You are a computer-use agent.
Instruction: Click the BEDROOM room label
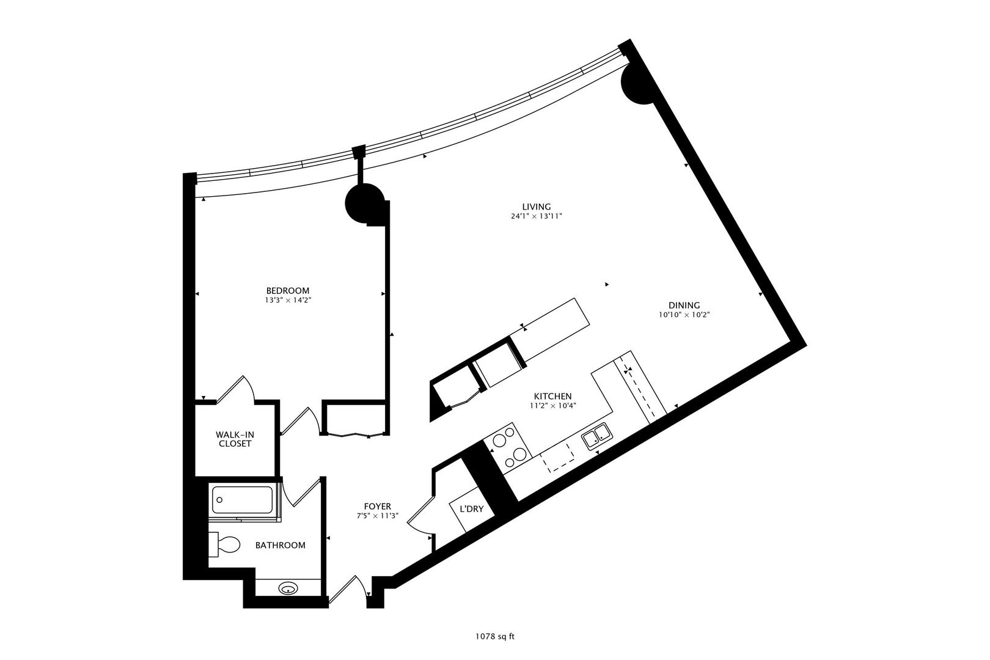pos(287,290)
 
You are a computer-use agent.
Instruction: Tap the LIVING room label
pos(536,207)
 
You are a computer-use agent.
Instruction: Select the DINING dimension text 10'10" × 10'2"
pos(684,315)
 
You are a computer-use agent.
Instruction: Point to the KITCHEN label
pos(552,395)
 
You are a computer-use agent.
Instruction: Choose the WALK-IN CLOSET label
pos(235,439)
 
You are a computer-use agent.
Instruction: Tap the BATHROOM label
pos(280,545)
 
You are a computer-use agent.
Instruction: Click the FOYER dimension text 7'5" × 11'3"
pos(377,516)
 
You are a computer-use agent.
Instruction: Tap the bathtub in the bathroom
pos(244,499)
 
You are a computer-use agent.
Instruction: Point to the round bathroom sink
pos(288,589)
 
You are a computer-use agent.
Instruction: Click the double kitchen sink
pos(596,438)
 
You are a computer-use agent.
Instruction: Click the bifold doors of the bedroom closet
pos(354,435)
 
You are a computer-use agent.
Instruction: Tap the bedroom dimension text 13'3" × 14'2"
pos(287,300)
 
